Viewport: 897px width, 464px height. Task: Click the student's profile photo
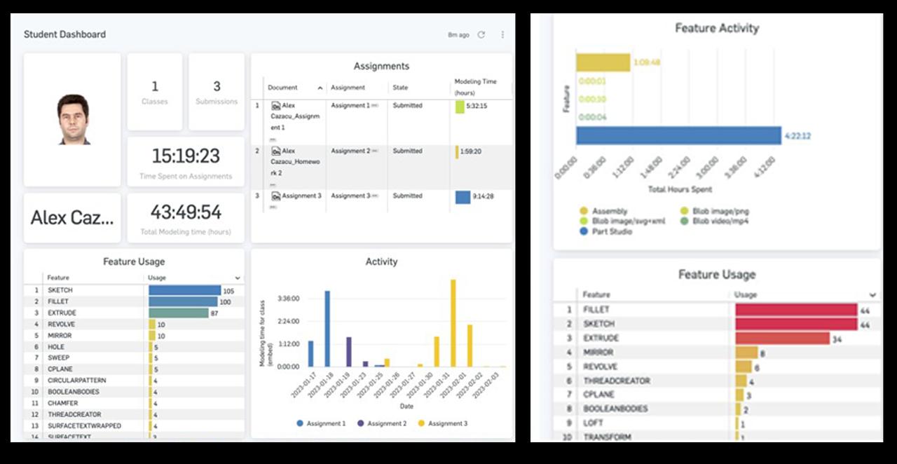(73, 119)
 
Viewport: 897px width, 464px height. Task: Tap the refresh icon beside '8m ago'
(481, 34)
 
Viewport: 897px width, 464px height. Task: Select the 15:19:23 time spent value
(186, 156)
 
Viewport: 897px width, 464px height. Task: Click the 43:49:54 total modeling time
(186, 212)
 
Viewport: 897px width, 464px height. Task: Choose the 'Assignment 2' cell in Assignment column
(350, 151)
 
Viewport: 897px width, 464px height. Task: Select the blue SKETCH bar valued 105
(184, 290)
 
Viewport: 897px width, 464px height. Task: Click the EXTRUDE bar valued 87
(179, 313)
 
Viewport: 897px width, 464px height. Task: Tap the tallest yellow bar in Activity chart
(453, 322)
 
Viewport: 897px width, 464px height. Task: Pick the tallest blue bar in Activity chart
(327, 328)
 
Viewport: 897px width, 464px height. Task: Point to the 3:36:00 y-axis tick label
(288, 299)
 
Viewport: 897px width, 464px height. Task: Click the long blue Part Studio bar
(678, 135)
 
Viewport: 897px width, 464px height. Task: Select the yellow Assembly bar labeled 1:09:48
(603, 62)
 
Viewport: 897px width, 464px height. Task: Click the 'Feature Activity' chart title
(716, 28)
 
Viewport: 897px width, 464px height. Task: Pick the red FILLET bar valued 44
(796, 309)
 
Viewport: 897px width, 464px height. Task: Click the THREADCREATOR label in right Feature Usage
(616, 381)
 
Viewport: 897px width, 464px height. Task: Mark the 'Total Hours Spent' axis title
(680, 189)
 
